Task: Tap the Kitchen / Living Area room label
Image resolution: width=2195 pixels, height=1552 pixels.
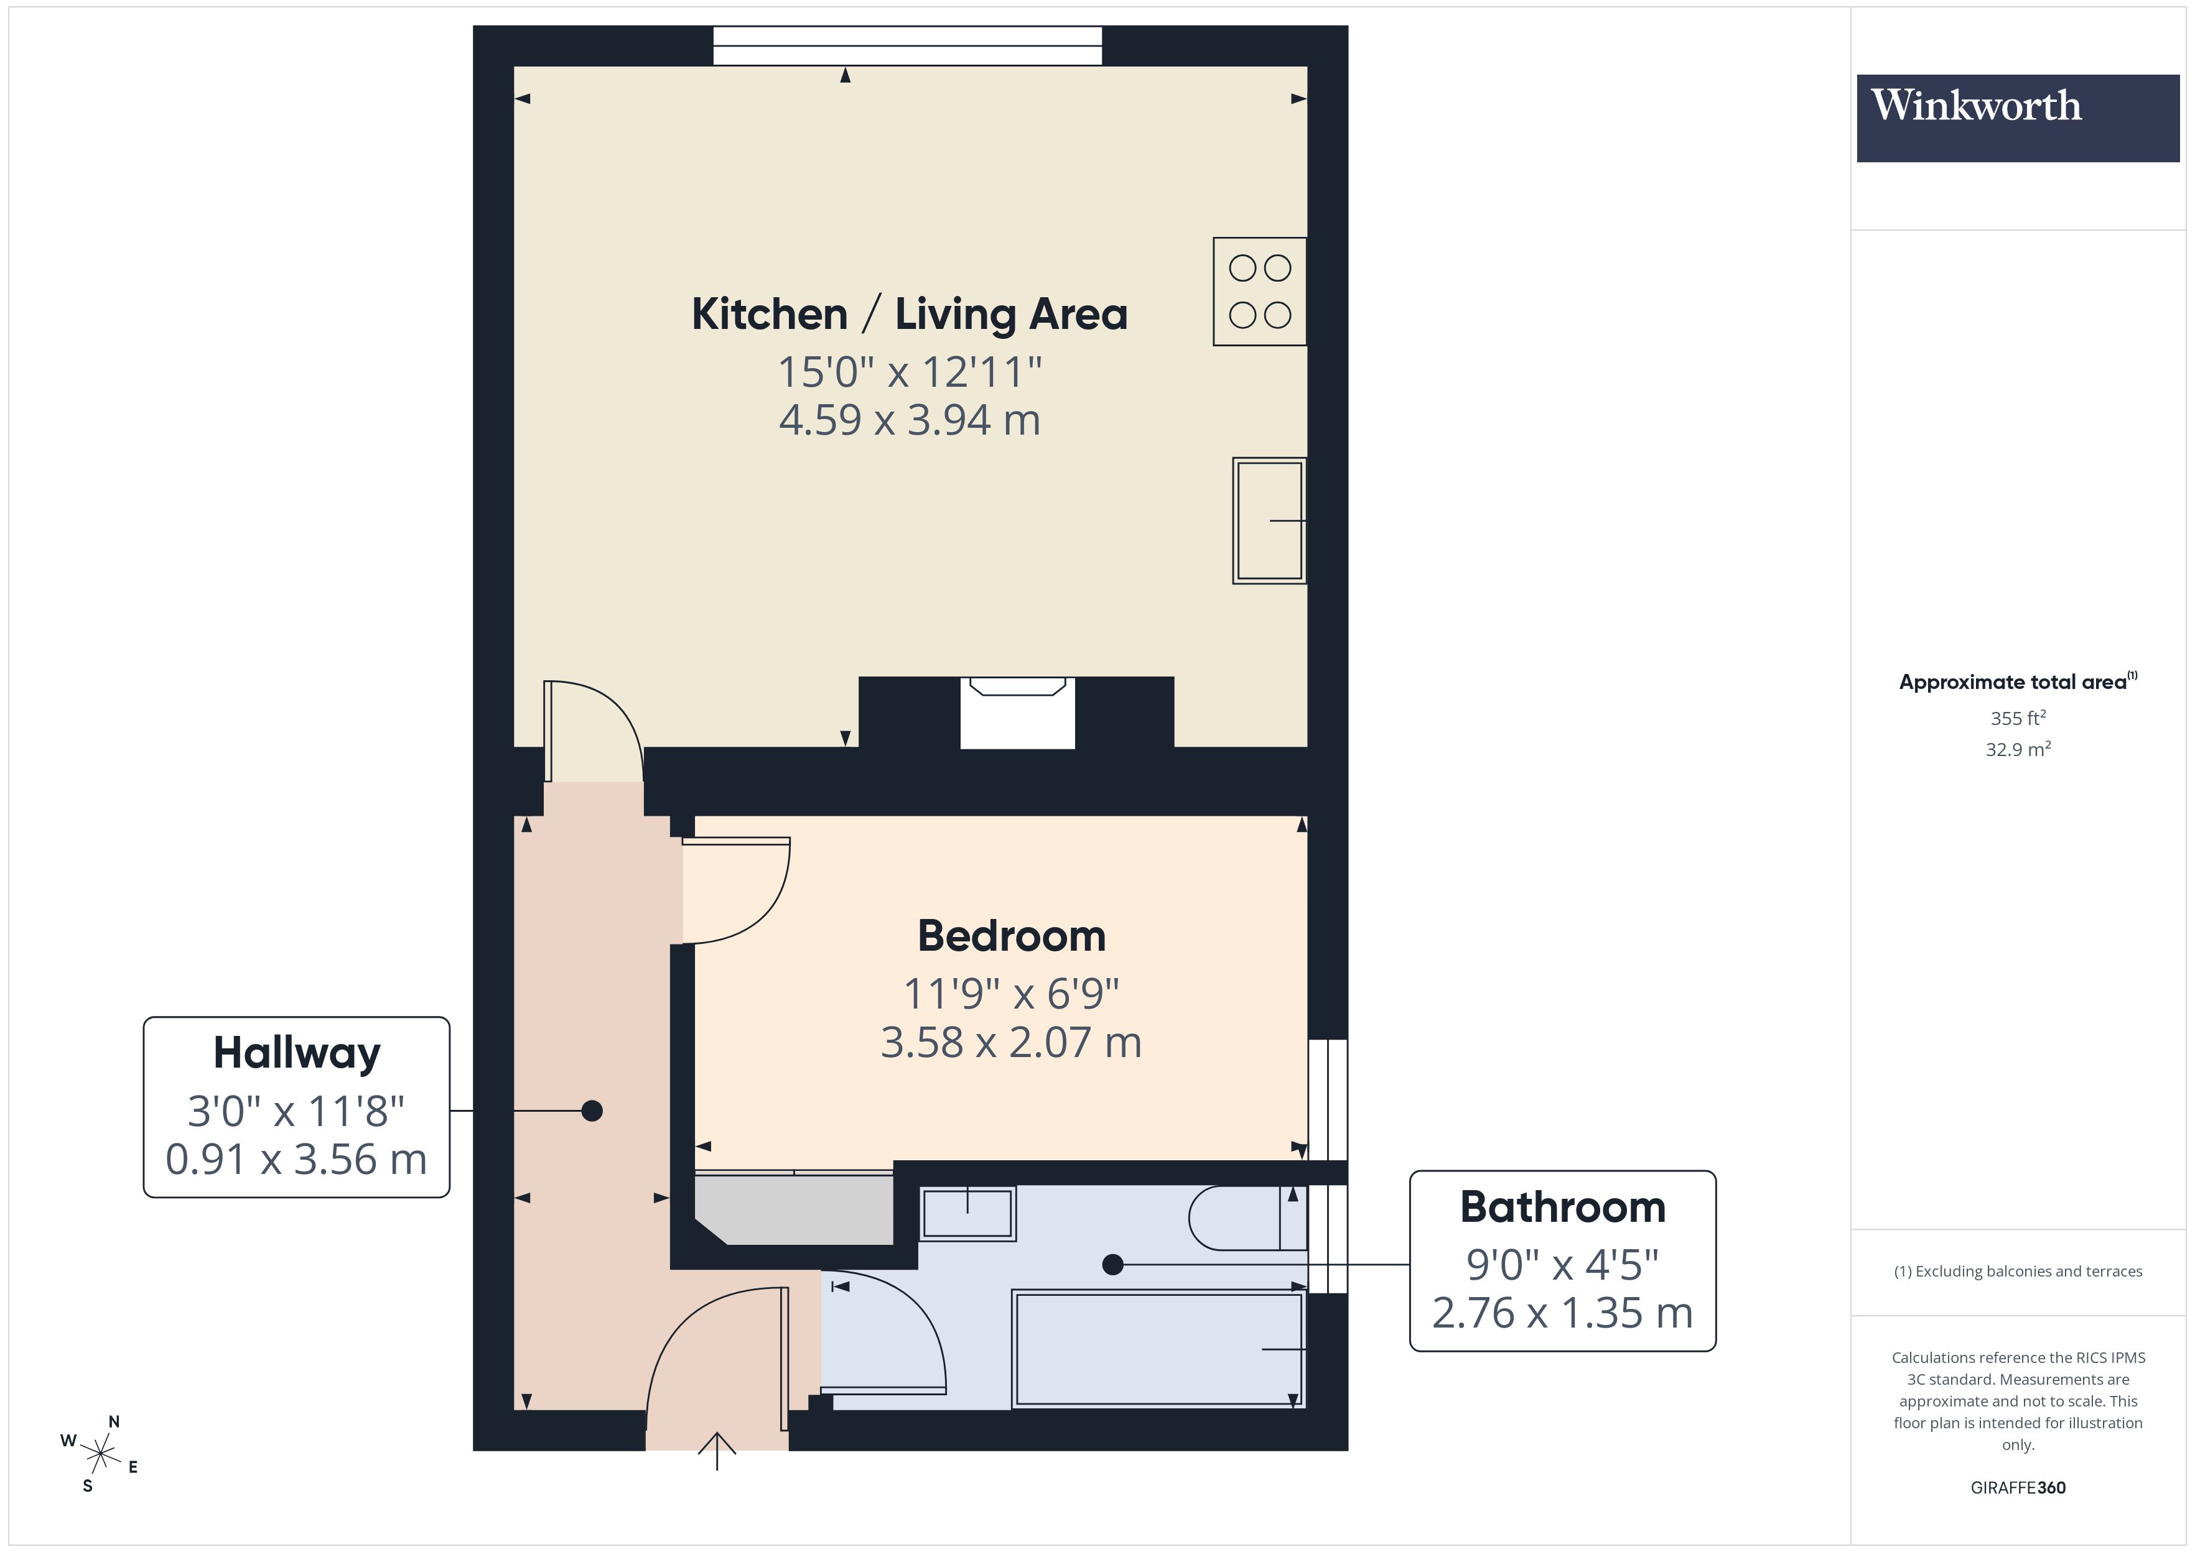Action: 909,315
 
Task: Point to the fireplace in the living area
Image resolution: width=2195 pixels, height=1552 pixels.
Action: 1017,712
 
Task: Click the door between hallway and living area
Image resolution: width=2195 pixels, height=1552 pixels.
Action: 593,731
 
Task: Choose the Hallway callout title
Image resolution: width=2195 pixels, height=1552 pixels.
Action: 296,1053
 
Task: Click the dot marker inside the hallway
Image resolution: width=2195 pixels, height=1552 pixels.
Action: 592,1111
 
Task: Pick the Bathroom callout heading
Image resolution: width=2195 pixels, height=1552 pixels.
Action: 1562,1207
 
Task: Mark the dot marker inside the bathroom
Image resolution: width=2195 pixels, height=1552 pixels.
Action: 1112,1264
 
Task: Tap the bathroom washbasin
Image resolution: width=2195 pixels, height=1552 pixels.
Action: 966,1214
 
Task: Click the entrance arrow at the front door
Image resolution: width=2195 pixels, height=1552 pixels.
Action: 717,1448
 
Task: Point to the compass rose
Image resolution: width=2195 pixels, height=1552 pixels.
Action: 100,1454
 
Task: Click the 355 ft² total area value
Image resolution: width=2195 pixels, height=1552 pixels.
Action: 2017,718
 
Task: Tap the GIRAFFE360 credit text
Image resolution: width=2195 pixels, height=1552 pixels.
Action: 2017,1487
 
